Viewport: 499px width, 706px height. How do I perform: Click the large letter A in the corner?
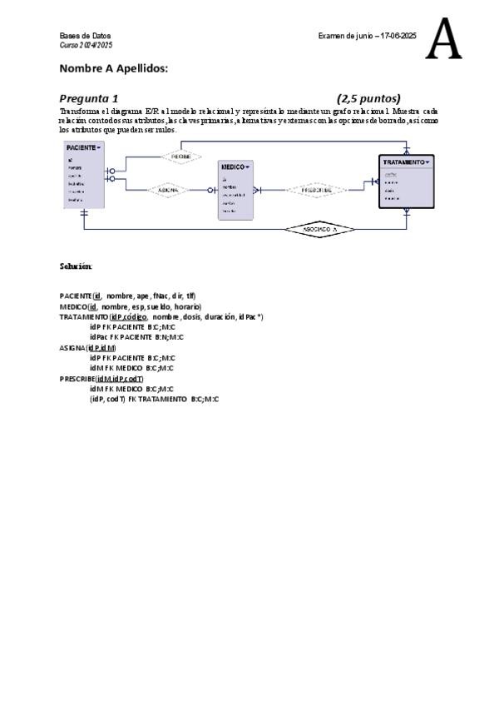[x=443, y=40]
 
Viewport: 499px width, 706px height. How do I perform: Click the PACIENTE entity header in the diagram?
[x=83, y=147]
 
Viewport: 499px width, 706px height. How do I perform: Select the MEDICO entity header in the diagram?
[x=235, y=167]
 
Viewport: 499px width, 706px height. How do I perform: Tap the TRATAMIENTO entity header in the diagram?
[x=406, y=162]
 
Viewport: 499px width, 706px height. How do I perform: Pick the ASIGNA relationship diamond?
[x=169, y=190]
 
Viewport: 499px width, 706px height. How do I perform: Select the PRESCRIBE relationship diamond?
[x=316, y=190]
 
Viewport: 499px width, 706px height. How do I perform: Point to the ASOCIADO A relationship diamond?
[x=319, y=228]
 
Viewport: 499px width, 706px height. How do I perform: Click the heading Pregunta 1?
[x=89, y=97]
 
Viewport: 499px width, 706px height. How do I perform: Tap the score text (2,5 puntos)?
[x=368, y=97]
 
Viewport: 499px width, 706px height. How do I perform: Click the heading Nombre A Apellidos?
[x=114, y=68]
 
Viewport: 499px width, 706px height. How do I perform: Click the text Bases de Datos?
[x=78, y=36]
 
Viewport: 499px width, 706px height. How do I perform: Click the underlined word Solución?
[x=75, y=266]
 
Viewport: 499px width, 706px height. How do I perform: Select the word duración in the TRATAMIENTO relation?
[x=220, y=316]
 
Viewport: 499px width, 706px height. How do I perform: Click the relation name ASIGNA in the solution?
[x=72, y=347]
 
